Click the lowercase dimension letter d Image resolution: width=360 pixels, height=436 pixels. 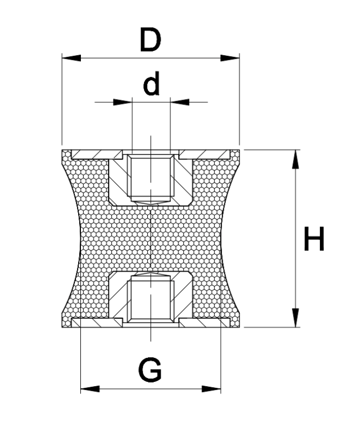tap(152, 84)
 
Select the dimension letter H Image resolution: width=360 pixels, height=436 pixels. tap(314, 239)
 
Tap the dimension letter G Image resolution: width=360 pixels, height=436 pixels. tap(150, 370)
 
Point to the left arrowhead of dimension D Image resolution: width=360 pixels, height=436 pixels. tap(71, 57)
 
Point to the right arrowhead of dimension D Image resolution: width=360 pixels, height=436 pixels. tap(230, 57)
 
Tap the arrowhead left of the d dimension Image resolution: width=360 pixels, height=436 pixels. tap(123, 101)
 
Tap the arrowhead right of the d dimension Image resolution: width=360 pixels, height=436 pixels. tap(179, 101)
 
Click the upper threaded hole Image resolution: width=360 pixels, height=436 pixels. tap(151, 176)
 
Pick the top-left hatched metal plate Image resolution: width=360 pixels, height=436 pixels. tap(91, 155)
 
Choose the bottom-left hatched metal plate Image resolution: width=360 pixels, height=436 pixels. tap(91, 322)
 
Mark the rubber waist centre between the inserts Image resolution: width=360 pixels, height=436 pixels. tap(151, 238)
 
